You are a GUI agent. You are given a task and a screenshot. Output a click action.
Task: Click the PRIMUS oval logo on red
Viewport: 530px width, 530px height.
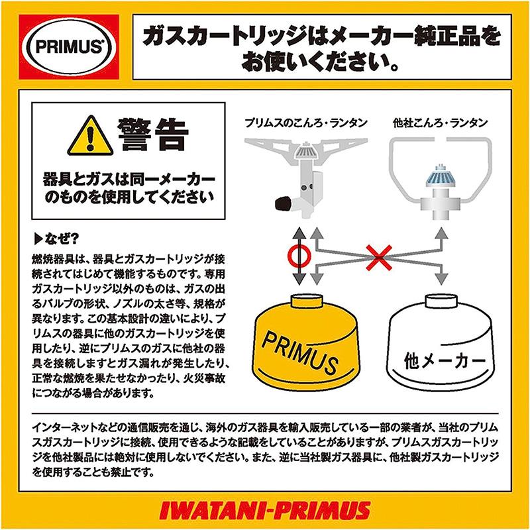coord(69,46)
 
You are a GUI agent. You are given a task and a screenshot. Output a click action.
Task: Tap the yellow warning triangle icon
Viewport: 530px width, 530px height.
coord(90,136)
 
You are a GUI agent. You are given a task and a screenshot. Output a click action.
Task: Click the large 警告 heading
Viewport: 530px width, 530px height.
coord(153,134)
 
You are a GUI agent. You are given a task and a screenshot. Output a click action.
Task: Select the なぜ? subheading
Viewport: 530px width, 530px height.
coord(56,239)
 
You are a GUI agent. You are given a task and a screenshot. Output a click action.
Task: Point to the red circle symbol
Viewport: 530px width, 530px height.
coord(299,256)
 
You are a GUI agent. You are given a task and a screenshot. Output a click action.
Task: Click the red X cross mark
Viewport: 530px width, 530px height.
coord(379,258)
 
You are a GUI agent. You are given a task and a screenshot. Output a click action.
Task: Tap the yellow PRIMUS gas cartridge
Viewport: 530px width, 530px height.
coord(306,343)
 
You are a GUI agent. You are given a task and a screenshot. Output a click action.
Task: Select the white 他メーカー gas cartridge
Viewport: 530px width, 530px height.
coord(441,343)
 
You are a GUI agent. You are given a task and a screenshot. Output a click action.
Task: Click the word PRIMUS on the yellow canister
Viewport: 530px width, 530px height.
coord(299,352)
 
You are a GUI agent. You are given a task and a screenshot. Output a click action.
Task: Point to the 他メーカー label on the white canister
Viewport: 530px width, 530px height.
coord(444,360)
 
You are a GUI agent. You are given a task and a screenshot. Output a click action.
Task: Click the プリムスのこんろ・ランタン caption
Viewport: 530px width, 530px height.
coord(306,123)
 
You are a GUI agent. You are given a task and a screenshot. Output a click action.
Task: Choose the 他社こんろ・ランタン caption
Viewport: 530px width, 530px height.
coord(440,123)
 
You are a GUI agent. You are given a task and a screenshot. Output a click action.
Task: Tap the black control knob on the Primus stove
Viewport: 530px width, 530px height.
coord(284,203)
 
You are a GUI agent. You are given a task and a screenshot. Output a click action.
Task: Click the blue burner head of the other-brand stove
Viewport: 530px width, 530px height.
coord(439,176)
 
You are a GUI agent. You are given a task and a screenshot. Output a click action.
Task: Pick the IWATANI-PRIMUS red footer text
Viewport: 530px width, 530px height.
coord(264,510)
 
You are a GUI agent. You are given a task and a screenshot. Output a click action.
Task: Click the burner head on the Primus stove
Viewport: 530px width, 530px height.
coord(306,150)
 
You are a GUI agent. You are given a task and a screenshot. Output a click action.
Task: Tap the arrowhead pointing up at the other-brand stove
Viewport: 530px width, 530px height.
coord(441,233)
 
